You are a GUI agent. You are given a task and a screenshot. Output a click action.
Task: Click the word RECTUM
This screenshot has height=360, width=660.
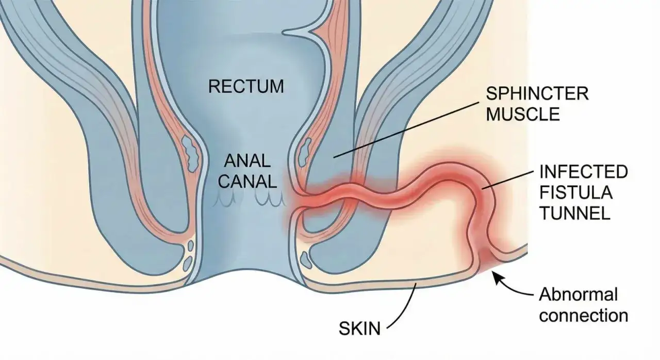click(246, 86)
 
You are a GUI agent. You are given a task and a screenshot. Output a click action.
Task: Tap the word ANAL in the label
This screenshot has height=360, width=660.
click(247, 161)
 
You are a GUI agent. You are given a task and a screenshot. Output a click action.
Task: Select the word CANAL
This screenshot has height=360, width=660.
click(247, 181)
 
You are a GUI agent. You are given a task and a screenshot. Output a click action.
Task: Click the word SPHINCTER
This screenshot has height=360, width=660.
click(537, 94)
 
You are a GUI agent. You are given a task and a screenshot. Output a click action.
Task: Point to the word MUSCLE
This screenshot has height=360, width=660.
click(523, 114)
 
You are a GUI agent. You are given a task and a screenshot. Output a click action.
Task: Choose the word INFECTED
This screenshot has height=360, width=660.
click(583, 172)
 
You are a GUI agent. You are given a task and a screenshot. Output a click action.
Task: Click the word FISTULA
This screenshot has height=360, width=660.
click(576, 193)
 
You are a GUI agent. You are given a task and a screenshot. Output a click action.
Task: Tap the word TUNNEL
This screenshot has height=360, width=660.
click(574, 213)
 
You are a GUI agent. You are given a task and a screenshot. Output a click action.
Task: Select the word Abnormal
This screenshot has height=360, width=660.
click(578, 294)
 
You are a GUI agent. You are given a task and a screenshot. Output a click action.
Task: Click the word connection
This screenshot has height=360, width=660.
click(583, 316)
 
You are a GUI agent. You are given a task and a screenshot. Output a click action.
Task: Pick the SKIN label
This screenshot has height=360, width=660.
click(359, 328)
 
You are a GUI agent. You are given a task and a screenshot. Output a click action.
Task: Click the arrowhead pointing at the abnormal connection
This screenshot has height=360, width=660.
click(497, 277)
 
